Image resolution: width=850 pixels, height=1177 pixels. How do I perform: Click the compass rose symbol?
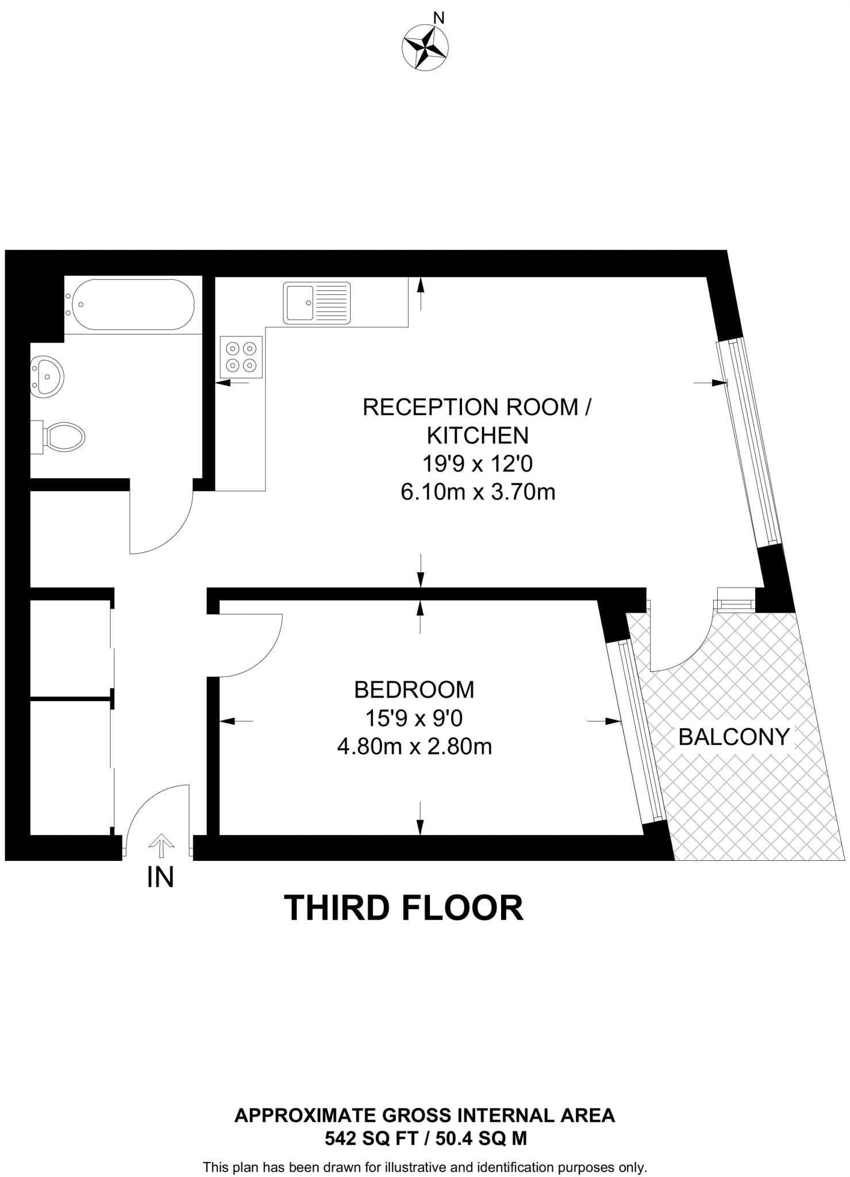click(x=425, y=48)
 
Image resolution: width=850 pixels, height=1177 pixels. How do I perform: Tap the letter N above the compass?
click(x=439, y=18)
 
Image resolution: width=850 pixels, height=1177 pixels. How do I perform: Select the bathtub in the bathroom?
click(x=132, y=305)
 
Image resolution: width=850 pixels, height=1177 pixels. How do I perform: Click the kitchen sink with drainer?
click(x=316, y=302)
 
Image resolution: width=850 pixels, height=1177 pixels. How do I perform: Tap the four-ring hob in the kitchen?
click(x=241, y=357)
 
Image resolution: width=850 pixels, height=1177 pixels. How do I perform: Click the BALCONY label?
click(x=734, y=737)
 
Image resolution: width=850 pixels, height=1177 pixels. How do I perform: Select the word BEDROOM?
click(x=414, y=690)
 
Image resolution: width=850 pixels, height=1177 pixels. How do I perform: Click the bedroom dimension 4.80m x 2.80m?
click(x=414, y=747)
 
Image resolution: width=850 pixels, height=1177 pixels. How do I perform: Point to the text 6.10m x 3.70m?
click(x=478, y=493)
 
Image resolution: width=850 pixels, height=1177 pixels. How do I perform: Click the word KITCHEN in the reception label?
click(x=478, y=436)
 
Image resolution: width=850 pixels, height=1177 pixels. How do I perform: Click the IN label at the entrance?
click(x=160, y=878)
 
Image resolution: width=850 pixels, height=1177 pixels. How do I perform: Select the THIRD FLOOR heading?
click(x=403, y=908)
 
